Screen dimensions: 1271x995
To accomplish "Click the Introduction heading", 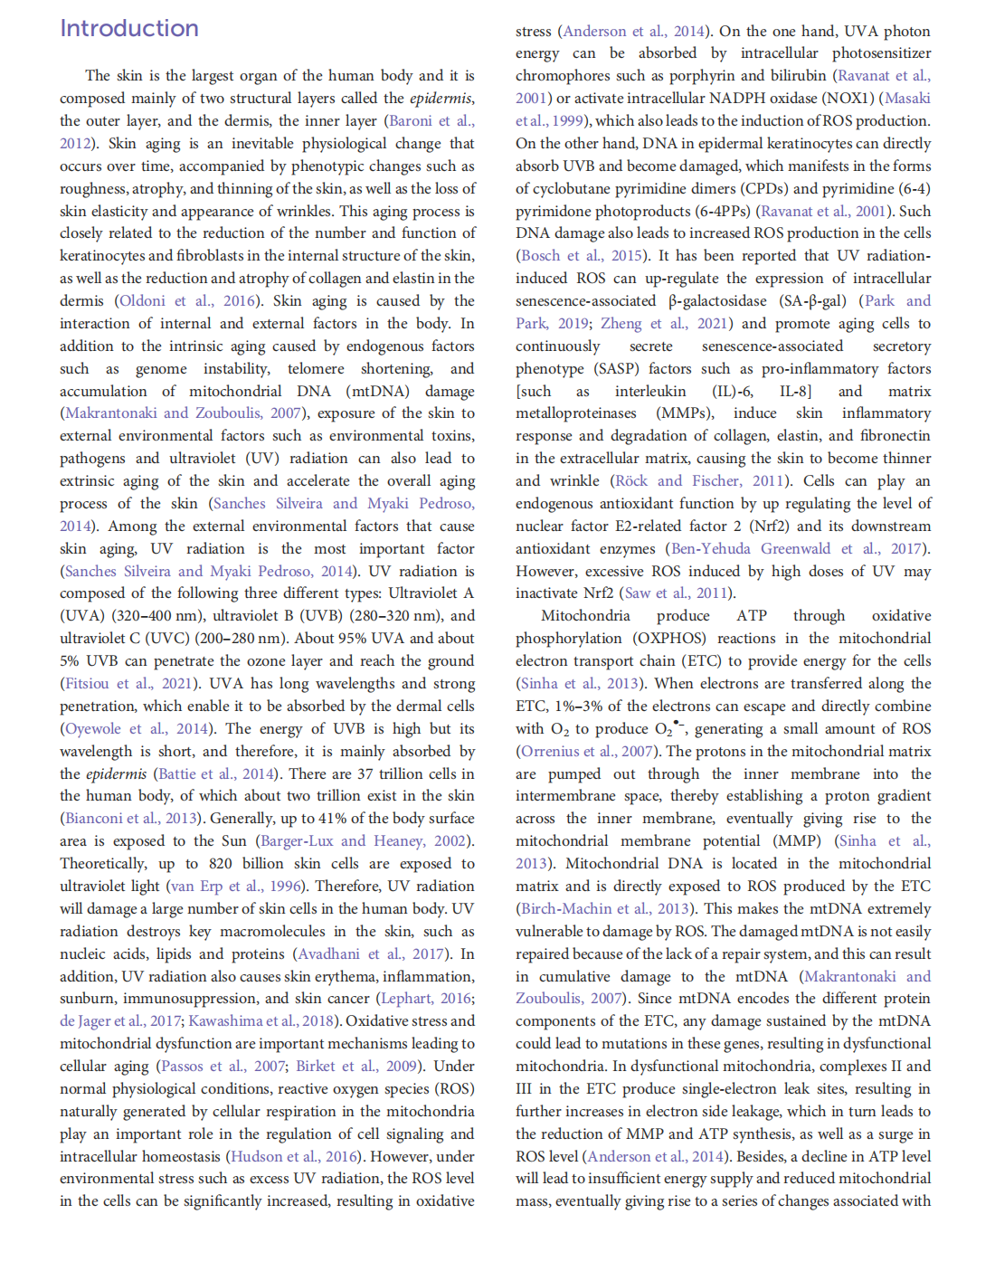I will pyautogui.click(x=129, y=28).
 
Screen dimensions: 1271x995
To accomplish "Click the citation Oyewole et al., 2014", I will pyautogui.click(x=136, y=728).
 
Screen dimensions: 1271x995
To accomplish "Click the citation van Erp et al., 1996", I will pyautogui.click(x=236, y=887).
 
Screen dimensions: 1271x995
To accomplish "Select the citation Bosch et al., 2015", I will pyautogui.click(x=582, y=256).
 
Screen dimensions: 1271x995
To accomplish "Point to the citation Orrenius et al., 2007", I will pyautogui.click(x=586, y=751).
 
